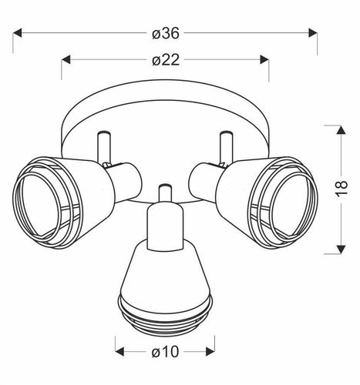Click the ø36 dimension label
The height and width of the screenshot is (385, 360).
(165, 34)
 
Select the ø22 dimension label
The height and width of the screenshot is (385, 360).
(165, 61)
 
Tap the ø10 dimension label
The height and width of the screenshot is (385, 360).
(165, 352)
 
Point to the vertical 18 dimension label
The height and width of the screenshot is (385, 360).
(341, 189)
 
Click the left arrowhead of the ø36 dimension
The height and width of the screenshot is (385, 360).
(17, 33)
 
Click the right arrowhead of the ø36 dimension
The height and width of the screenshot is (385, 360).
(313, 33)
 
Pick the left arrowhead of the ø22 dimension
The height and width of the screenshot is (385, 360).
(66, 59)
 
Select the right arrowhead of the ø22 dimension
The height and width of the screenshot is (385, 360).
(264, 59)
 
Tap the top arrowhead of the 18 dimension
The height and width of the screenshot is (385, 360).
(341, 129)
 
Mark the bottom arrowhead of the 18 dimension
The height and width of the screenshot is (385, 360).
(341, 249)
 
